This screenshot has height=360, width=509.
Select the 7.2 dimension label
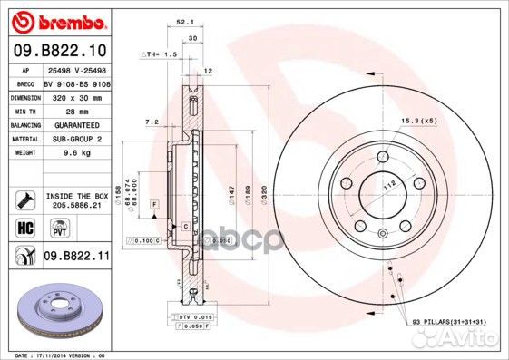152,121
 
